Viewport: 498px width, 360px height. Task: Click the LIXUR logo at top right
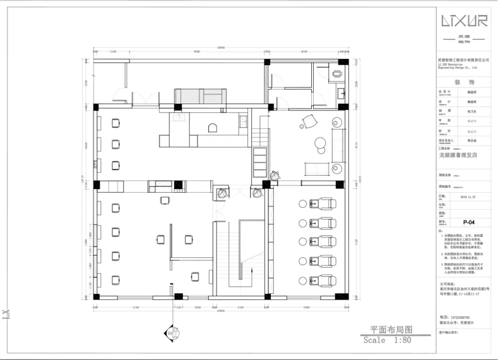(465, 21)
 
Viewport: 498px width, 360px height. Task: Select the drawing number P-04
(468, 223)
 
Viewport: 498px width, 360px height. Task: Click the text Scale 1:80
(387, 341)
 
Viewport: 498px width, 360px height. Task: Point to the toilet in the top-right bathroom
(337, 74)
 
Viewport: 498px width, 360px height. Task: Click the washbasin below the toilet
(342, 93)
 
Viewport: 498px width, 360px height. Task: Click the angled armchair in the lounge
(310, 121)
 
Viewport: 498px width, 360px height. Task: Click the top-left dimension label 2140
(113, 51)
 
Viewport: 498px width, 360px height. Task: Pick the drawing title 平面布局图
(391, 330)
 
